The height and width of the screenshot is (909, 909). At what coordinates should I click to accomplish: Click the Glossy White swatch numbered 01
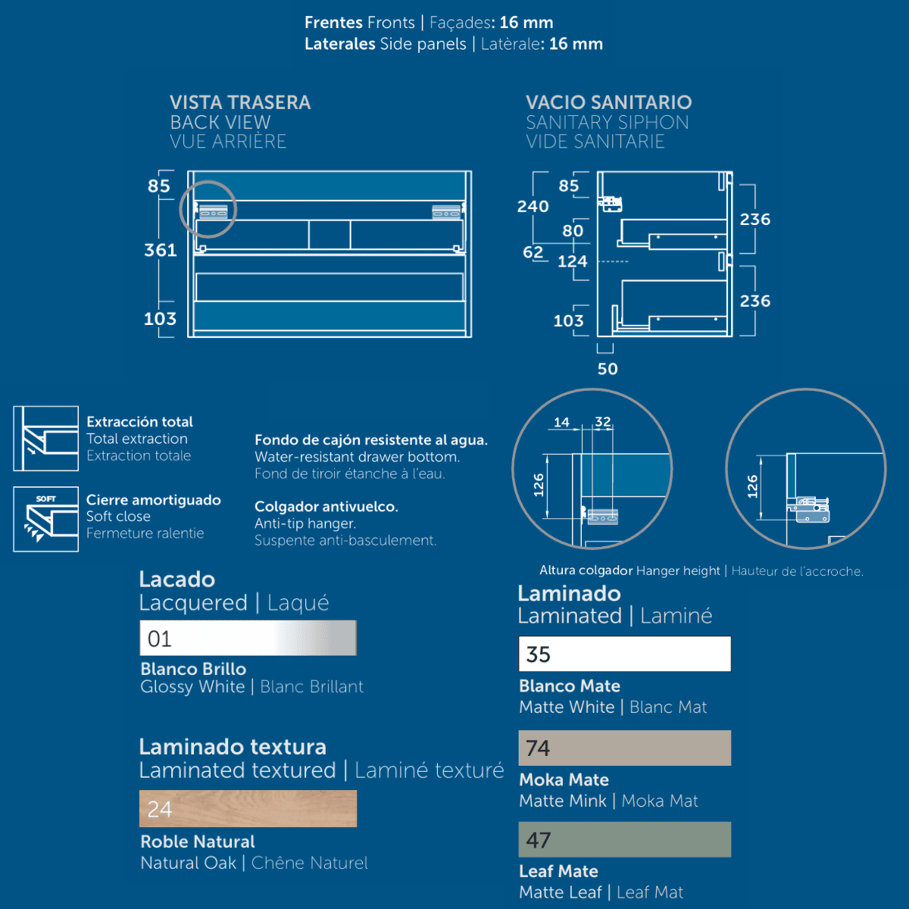tap(248, 638)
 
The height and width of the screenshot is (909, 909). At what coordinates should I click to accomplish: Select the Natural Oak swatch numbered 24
tap(248, 808)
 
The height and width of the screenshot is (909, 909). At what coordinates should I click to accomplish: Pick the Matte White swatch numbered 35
tap(624, 654)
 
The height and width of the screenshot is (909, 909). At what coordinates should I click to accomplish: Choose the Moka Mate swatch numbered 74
tap(624, 748)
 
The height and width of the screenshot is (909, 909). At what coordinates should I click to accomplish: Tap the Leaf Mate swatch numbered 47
tap(624, 839)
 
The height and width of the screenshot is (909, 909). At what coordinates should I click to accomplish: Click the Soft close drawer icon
tap(45, 519)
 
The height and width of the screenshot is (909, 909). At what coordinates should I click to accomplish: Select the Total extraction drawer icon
tap(45, 439)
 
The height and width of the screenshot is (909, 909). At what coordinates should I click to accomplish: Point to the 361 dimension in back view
tap(161, 250)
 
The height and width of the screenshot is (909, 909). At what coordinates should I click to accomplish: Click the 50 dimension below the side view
tap(608, 369)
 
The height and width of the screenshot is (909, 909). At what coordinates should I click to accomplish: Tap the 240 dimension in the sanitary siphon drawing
tap(533, 207)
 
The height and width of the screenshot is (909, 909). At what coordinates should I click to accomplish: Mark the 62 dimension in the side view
tap(533, 252)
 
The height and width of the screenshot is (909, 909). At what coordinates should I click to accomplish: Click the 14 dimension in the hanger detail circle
tap(561, 422)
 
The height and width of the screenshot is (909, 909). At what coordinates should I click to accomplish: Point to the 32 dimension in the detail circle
tap(603, 421)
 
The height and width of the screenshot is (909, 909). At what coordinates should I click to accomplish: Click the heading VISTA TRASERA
tap(240, 102)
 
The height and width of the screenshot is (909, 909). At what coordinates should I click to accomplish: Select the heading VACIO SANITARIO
tap(608, 102)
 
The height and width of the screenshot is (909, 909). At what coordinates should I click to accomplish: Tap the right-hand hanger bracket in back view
tap(447, 212)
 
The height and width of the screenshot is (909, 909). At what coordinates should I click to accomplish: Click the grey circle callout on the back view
tap(208, 209)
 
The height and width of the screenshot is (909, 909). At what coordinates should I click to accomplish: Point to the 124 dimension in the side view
tap(572, 261)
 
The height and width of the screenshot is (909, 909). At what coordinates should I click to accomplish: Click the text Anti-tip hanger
tap(305, 523)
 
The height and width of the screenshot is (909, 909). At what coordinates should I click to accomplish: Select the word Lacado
tap(177, 579)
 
